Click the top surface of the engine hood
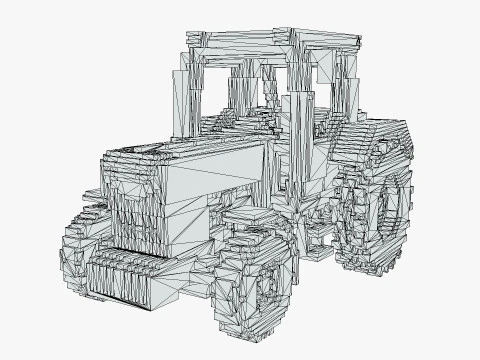[x=190, y=150]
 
